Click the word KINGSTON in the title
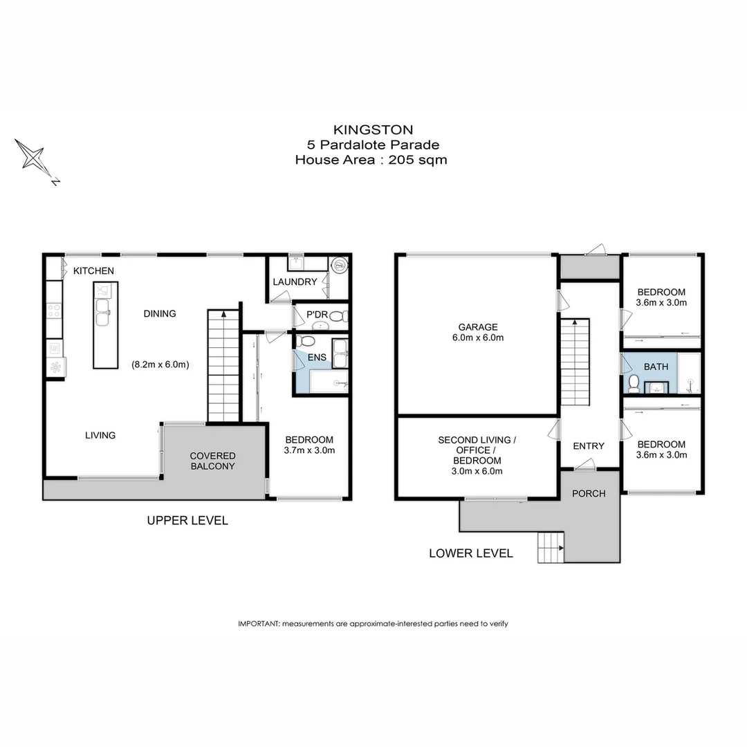pyautogui.click(x=373, y=129)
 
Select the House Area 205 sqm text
pyautogui.click(x=371, y=160)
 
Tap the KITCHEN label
pyautogui.click(x=93, y=270)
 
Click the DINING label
pyautogui.click(x=159, y=313)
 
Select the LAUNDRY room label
pyautogui.click(x=295, y=282)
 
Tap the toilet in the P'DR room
pyautogui.click(x=337, y=316)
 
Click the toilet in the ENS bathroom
pyautogui.click(x=307, y=341)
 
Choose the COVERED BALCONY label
pyautogui.click(x=213, y=461)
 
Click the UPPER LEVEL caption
pyautogui.click(x=187, y=521)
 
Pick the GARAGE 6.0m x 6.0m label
pyautogui.click(x=477, y=333)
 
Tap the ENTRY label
pyautogui.click(x=589, y=446)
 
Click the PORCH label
pyautogui.click(x=589, y=493)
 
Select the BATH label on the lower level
pyautogui.click(x=656, y=367)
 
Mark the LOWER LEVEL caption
pyautogui.click(x=471, y=553)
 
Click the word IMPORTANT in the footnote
pyautogui.click(x=259, y=623)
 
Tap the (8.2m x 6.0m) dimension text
pyautogui.click(x=160, y=364)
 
